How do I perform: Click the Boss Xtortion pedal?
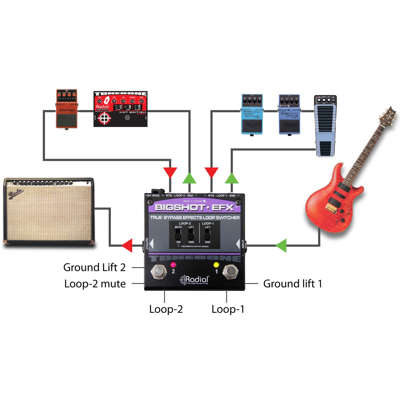click(x=67, y=109)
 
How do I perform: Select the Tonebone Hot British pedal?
click(x=120, y=109)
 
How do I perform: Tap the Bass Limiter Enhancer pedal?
click(x=252, y=114)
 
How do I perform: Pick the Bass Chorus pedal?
click(x=289, y=114)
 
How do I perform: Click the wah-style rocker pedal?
click(x=325, y=126)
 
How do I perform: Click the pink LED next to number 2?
click(x=173, y=264)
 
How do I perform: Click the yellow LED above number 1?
click(x=216, y=265)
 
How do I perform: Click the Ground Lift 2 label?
click(x=94, y=268)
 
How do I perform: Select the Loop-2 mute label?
click(x=95, y=284)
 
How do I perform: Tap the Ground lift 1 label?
click(x=293, y=284)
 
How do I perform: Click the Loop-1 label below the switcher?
click(x=228, y=309)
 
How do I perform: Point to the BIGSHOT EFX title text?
click(x=195, y=207)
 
